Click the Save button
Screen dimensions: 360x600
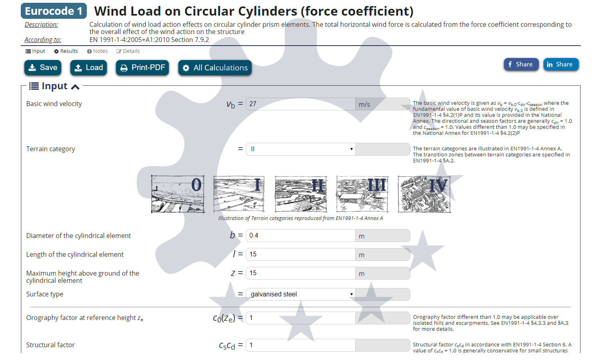point(43,68)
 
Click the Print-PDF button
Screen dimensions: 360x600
point(142,68)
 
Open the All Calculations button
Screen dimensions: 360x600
point(215,68)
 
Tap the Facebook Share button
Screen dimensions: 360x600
point(521,64)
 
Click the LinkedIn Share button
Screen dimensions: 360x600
point(560,64)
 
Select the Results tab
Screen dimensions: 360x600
point(66,51)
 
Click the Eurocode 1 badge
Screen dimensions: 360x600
point(54,11)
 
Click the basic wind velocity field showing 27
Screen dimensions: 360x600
point(300,104)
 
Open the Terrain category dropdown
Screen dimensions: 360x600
point(300,149)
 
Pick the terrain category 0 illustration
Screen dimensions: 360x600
point(178,194)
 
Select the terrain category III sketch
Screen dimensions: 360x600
point(362,194)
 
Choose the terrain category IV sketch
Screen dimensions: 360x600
point(424,194)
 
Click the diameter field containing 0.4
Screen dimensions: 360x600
point(300,236)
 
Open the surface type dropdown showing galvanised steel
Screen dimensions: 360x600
point(300,294)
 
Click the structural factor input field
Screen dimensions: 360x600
point(300,345)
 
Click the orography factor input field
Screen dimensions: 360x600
point(300,318)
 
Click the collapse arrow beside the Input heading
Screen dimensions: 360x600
point(75,87)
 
